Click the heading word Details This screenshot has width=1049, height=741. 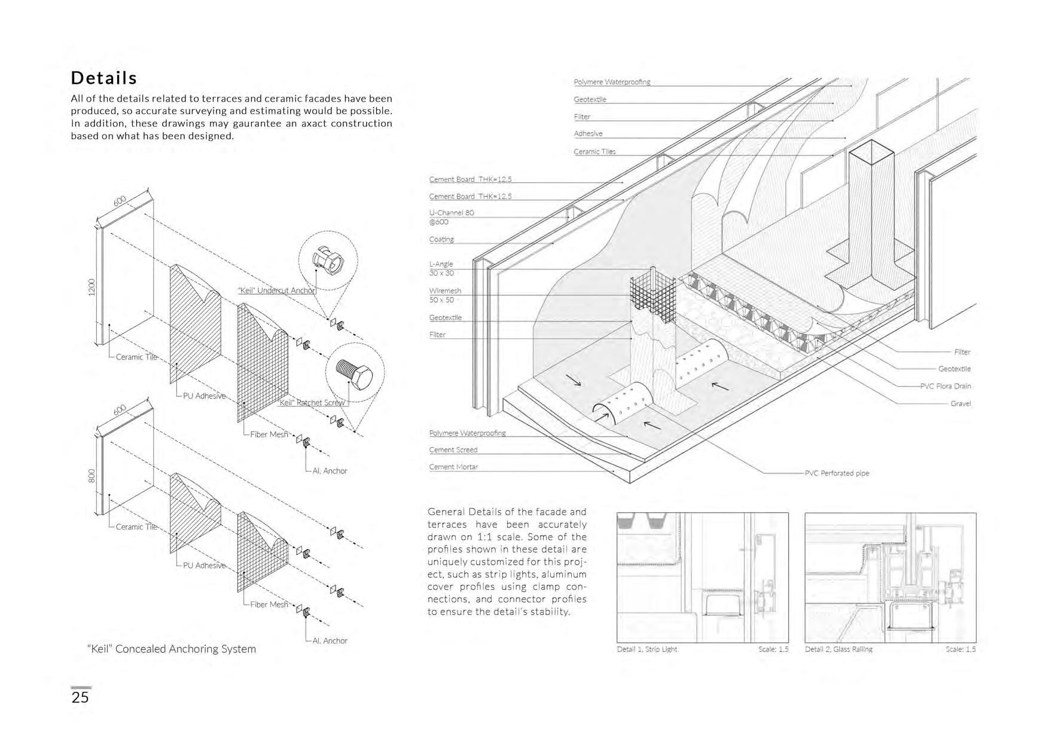click(104, 78)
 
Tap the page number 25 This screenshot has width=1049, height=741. click(80, 697)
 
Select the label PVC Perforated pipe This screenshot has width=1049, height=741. click(837, 473)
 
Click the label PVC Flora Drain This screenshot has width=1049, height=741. click(945, 386)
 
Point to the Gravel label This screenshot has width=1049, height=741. click(960, 403)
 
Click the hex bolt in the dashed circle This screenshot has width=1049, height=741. click(355, 375)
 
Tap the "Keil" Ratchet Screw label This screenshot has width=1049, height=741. click(312, 403)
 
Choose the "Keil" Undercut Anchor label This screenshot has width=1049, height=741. click(276, 290)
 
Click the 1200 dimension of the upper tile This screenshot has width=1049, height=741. click(92, 287)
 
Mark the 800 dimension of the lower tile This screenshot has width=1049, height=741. click(92, 476)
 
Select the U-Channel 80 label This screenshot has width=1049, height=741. click(452, 213)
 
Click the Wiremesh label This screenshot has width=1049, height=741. click(445, 291)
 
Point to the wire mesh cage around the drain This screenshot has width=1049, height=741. click(652, 296)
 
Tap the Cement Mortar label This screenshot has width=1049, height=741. click(453, 467)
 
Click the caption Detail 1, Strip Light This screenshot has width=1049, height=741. click(647, 649)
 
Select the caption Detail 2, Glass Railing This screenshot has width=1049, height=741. click(838, 649)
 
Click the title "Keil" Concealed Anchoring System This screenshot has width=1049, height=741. click(172, 649)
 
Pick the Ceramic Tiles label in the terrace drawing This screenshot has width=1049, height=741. click(594, 152)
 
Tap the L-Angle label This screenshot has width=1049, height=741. click(441, 264)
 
